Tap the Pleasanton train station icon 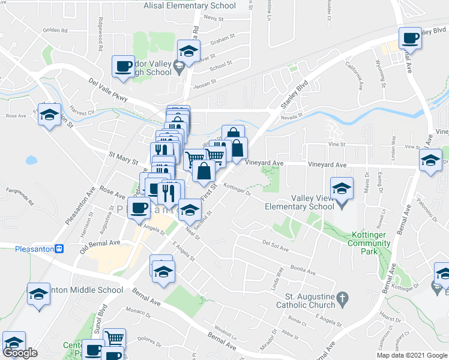[59, 249]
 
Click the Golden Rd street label [55, 29]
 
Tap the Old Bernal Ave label [100, 247]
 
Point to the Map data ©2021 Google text [412, 355]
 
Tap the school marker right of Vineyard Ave [430, 160]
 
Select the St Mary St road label [123, 158]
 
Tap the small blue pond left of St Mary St [31, 160]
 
